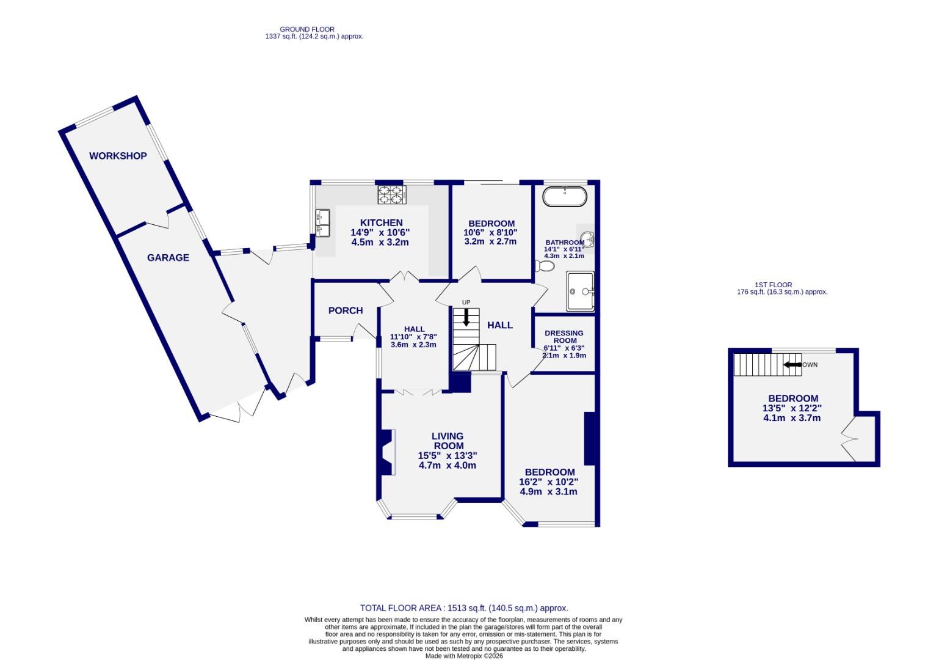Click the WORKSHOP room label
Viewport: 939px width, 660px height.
118,156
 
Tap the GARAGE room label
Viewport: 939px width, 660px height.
168,258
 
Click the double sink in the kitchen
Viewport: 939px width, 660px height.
322,222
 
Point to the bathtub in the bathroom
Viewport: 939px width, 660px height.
565,197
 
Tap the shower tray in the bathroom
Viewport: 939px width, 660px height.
580,291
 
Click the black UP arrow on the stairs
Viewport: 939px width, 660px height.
466,317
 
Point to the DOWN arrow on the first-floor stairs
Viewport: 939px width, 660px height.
792,365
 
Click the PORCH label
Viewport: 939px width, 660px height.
346,310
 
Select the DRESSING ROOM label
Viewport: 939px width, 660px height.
564,337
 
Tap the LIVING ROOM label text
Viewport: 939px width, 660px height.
448,441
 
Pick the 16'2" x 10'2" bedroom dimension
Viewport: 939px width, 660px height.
549,482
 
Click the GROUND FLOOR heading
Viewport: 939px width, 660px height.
307,29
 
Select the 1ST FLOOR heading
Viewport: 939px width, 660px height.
773,285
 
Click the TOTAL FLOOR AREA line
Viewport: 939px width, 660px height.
464,608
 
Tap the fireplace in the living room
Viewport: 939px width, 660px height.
386,452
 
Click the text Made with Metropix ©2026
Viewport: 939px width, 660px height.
464,656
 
